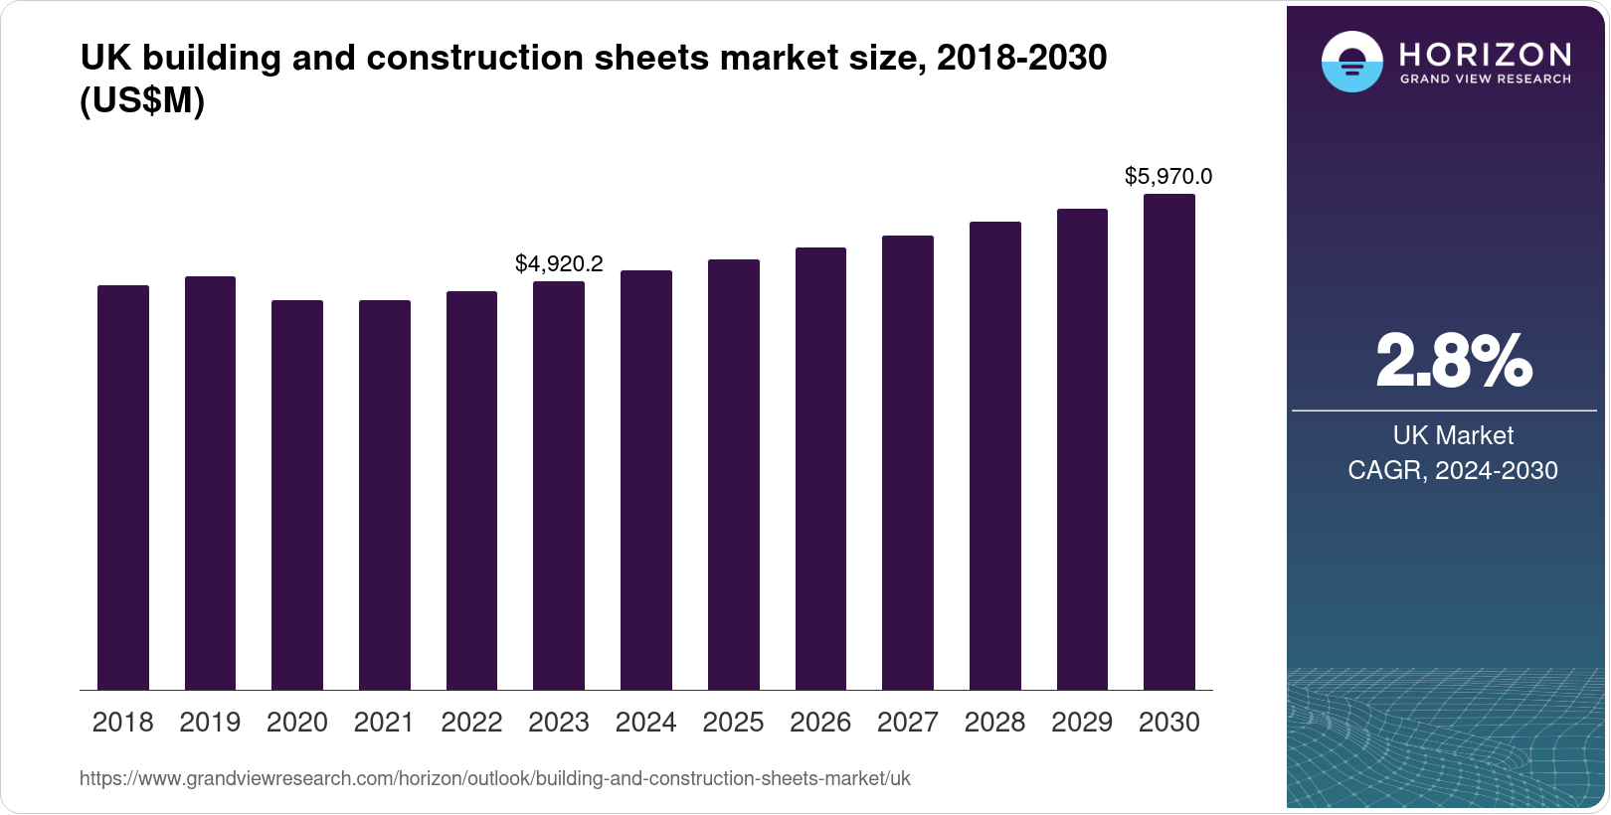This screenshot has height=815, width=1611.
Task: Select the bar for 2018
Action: [x=122, y=487]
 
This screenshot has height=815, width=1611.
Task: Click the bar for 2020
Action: [x=297, y=495]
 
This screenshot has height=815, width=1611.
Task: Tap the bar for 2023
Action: [x=559, y=485]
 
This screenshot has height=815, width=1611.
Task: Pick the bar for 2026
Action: [x=820, y=468]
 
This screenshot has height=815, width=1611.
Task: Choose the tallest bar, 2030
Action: [x=1169, y=441]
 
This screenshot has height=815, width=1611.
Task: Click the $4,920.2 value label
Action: [x=559, y=263]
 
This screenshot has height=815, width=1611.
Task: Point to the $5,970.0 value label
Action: [x=1168, y=176]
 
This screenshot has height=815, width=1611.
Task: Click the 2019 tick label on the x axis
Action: [x=210, y=723]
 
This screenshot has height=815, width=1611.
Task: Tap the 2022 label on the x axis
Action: [x=471, y=723]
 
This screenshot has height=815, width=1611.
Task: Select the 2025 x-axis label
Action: [x=733, y=723]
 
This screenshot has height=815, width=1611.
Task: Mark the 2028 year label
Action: [x=994, y=723]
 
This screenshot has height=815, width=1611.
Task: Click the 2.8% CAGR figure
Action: [x=1453, y=362]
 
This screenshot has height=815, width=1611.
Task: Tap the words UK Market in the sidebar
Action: [x=1453, y=435]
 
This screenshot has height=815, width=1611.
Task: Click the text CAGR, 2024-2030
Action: [x=1453, y=470]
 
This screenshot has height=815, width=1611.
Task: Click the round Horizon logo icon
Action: [x=1351, y=62]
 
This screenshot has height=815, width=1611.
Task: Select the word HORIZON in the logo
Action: [x=1486, y=54]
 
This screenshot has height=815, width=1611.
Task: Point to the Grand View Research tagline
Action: [x=1486, y=79]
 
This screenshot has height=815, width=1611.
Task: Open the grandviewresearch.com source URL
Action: [x=495, y=778]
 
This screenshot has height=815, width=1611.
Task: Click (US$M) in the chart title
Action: [x=142, y=100]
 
